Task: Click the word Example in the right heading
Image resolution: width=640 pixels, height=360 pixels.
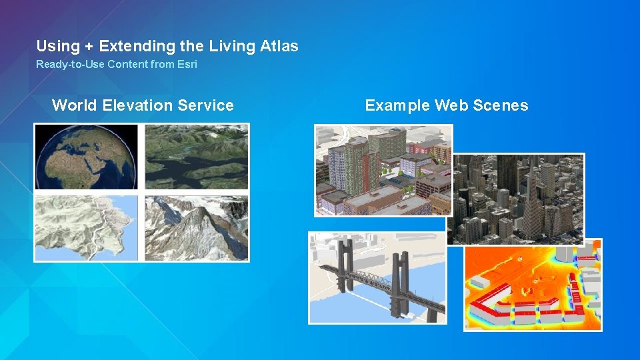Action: (397, 105)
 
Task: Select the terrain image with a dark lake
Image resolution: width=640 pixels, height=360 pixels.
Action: (197, 157)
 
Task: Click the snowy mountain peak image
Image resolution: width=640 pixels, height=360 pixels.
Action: (197, 227)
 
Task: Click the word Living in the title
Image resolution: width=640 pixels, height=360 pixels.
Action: (230, 46)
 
